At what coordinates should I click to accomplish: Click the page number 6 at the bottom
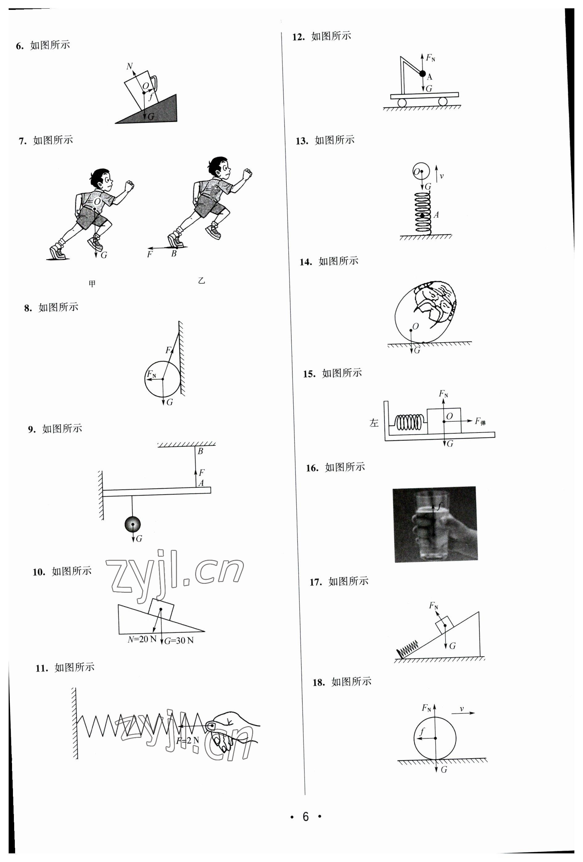tap(306, 816)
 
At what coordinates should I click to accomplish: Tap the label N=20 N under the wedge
tap(142, 639)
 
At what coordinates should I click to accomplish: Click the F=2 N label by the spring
tap(187, 740)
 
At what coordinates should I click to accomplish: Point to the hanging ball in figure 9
tap(133, 524)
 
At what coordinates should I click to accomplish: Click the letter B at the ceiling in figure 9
tap(200, 451)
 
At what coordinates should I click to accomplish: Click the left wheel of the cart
tap(402, 102)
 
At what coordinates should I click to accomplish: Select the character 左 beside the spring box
tap(374, 423)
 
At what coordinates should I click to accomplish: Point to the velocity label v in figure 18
tap(462, 709)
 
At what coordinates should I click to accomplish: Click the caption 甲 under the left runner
tap(92, 284)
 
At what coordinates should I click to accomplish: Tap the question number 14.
tap(306, 262)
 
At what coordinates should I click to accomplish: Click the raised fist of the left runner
tap(129, 185)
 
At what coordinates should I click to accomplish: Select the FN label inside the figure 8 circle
tap(151, 374)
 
